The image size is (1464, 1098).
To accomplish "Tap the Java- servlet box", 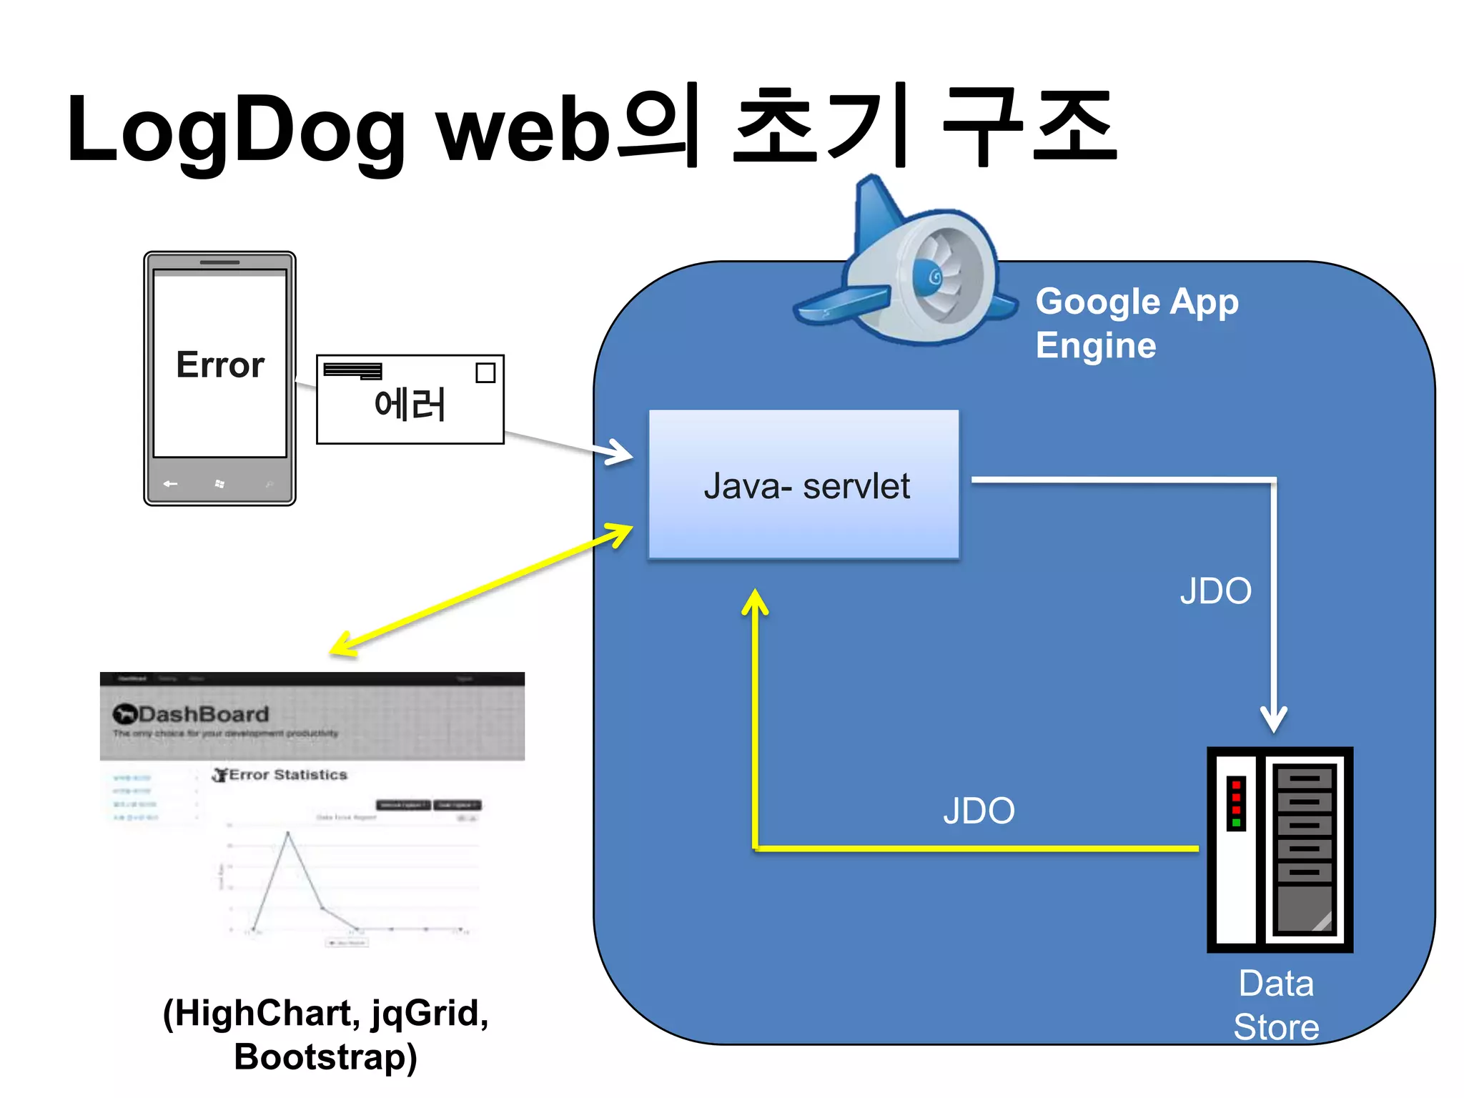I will (x=803, y=485).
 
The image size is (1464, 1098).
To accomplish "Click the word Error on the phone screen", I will (x=219, y=365).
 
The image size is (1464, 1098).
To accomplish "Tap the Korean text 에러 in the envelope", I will (x=410, y=405).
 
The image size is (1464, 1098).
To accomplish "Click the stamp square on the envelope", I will (x=485, y=372).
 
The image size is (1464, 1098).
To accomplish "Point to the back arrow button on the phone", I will (x=170, y=484).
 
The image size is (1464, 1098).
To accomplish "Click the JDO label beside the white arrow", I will (x=1215, y=591).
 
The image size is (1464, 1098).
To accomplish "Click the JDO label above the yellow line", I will (x=979, y=811).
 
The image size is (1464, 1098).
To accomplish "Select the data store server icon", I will (x=1279, y=849).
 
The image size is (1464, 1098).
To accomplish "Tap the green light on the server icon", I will (x=1236, y=823).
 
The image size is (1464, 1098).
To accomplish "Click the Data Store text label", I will (x=1276, y=1004).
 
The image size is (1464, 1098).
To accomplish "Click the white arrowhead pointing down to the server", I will (x=1274, y=718).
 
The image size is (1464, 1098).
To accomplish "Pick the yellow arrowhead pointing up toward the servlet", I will (x=755, y=600).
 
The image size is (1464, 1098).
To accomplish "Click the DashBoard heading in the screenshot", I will (x=203, y=713).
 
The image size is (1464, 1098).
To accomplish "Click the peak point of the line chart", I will (x=288, y=832).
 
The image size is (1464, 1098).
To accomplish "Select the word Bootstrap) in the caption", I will (x=325, y=1057).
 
